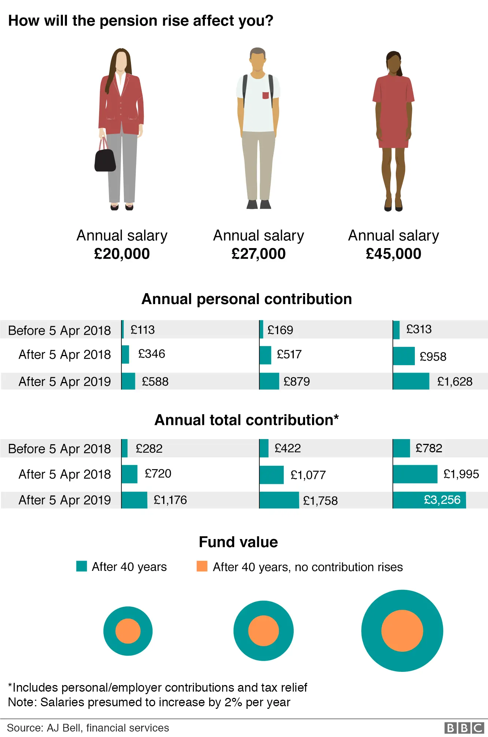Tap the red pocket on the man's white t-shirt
tap(266, 96)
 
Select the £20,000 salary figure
tap(122, 254)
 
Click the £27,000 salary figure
tap(258, 254)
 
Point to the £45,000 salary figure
tap(393, 254)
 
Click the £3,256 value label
tap(442, 500)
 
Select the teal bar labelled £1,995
tap(415, 474)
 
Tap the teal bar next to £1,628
tap(411, 381)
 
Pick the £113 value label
tap(143, 330)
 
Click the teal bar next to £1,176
tap(134, 500)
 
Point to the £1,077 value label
tap(308, 475)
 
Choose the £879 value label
tap(297, 382)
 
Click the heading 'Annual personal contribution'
tap(247, 299)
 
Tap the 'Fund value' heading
tap(238, 542)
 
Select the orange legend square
tap(202, 566)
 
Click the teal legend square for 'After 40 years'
tap(82, 566)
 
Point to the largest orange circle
tap(402, 631)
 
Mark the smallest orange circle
tap(128, 631)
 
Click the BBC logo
tap(464, 728)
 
